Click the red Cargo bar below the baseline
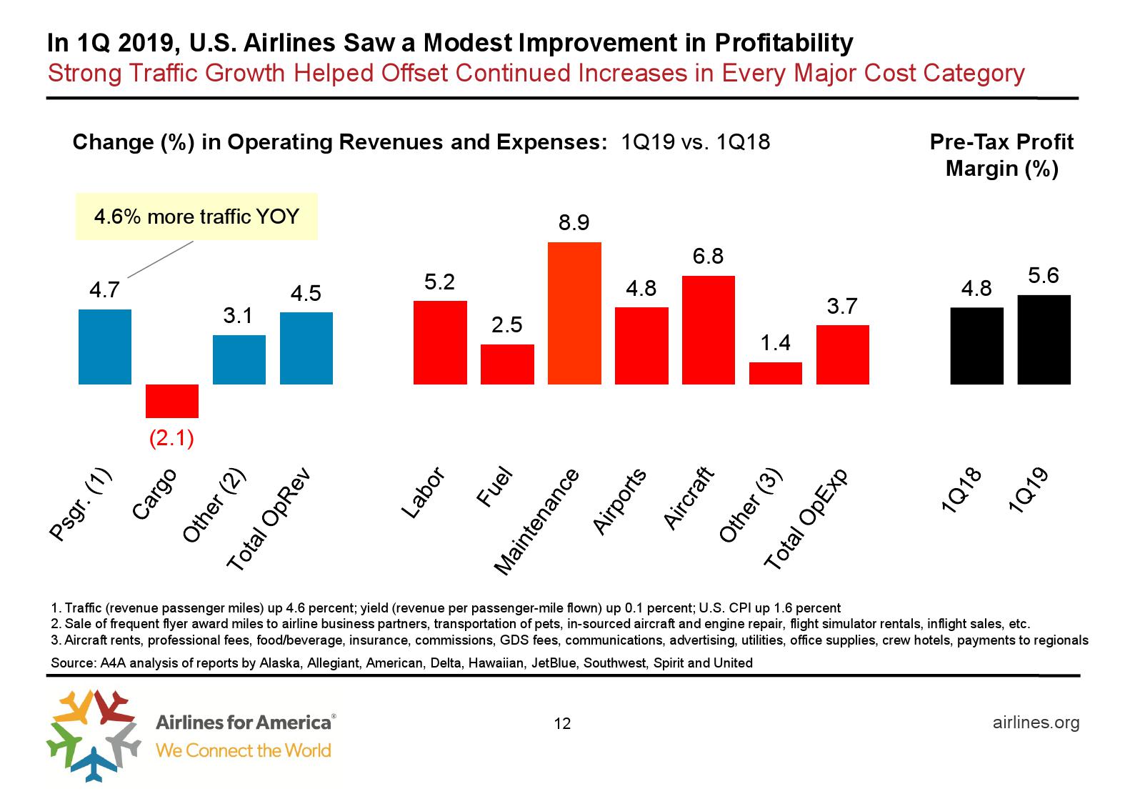[x=171, y=401]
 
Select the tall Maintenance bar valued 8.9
[x=574, y=313]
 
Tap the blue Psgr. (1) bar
[x=104, y=347]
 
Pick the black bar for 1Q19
[x=1044, y=339]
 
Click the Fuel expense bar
[x=507, y=364]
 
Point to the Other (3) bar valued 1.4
[x=775, y=373]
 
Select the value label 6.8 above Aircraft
[x=708, y=256]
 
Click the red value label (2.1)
[x=171, y=438]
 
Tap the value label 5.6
[x=1043, y=275]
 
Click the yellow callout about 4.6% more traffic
[x=196, y=216]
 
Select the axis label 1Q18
[x=962, y=491]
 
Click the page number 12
[x=562, y=724]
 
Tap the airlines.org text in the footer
[x=1036, y=723]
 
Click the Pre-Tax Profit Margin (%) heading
[x=1001, y=155]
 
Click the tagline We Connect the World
[x=244, y=750]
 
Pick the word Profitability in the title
[x=784, y=43]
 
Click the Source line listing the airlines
[x=401, y=662]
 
